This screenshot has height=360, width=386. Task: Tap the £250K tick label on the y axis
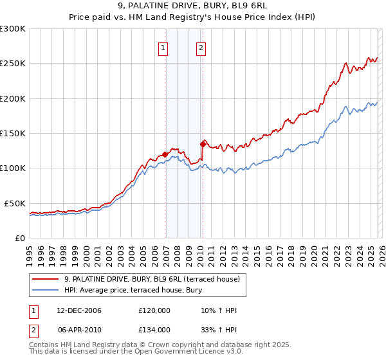(x=13, y=64)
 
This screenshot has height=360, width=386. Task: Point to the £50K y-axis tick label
(x=15, y=203)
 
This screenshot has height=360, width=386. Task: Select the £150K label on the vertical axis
(x=13, y=133)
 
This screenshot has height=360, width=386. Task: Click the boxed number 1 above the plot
(x=163, y=48)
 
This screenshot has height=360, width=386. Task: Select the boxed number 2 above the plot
(x=201, y=48)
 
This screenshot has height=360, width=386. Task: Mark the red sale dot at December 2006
(x=165, y=154)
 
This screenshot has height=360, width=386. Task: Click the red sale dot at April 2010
(x=203, y=145)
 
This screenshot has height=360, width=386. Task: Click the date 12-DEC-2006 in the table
(x=78, y=311)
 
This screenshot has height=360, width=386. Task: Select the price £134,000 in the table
(x=154, y=329)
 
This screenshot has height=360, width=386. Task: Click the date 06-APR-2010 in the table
(x=78, y=329)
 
